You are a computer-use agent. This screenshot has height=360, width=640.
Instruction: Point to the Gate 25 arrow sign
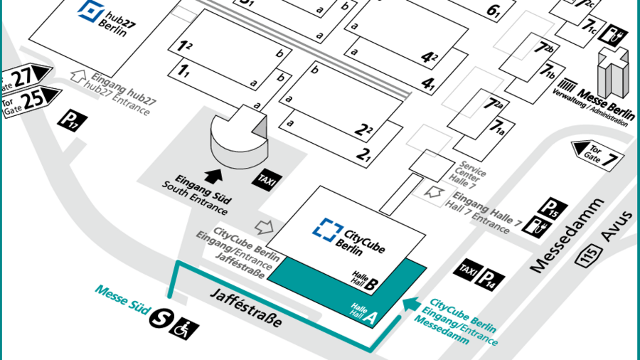point(32,98)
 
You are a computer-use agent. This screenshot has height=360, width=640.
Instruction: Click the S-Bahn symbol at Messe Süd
point(159,321)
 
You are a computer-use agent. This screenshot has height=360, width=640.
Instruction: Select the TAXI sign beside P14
point(467,269)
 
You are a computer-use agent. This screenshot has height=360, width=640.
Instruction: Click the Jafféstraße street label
point(246,308)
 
